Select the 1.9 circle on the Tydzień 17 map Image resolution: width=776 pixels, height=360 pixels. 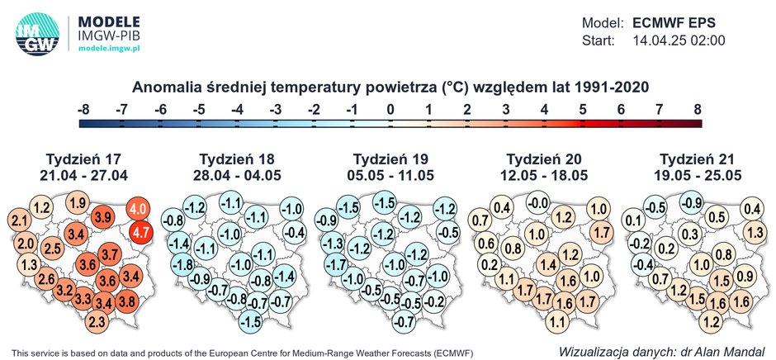[78, 203]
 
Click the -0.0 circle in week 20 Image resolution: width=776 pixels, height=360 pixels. [539, 203]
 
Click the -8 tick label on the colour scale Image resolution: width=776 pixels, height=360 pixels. [83, 108]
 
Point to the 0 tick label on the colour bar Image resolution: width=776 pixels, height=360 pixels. [390, 108]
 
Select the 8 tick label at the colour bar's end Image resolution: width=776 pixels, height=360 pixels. [698, 108]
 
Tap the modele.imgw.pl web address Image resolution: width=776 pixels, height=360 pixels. [111, 48]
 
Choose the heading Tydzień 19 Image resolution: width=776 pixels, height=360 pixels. [390, 159]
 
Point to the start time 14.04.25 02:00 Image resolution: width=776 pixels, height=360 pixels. [679, 40]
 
